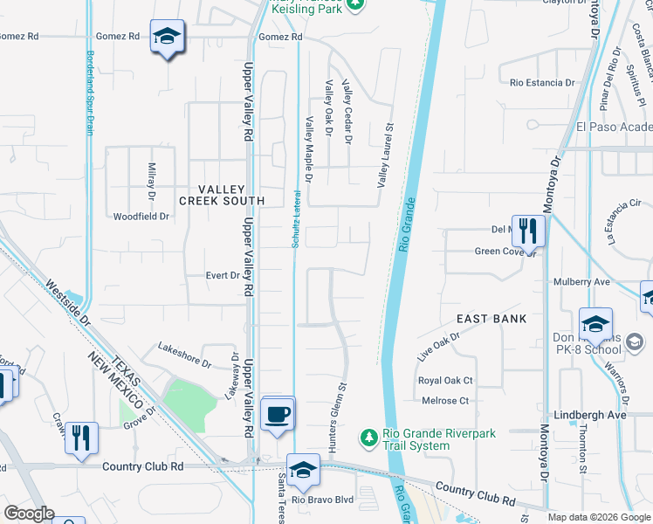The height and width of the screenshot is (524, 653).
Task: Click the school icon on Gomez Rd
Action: pos(167,37)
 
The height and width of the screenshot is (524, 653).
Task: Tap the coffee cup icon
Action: pos(278,414)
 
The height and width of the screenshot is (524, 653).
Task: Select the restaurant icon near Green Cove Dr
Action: pos(527,231)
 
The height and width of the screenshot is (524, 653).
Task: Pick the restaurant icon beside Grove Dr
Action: pos(81,437)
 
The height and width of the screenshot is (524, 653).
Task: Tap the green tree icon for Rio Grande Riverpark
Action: pos(368,435)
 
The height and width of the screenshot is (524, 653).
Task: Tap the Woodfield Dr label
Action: pos(141,216)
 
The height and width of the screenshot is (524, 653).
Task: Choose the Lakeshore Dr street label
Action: pos(184,354)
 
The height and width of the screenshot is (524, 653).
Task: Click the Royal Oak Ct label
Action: pos(445,381)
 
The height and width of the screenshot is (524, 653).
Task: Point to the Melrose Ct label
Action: pos(444,401)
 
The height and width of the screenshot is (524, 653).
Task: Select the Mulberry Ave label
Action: pos(581,282)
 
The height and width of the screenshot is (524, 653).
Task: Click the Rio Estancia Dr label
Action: pos(542,83)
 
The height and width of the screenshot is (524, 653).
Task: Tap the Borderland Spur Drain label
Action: pos(89,92)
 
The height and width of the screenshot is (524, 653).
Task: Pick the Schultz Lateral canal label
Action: pos(296,218)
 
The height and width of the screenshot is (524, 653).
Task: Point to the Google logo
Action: pos(29,514)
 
